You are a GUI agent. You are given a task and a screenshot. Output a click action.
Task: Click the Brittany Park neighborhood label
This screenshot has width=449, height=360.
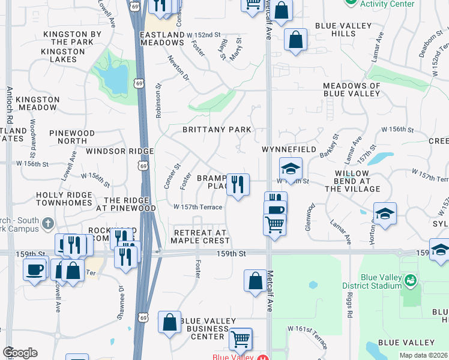(x=217, y=130)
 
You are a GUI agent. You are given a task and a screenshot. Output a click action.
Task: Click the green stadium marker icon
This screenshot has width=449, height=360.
(x=411, y=280)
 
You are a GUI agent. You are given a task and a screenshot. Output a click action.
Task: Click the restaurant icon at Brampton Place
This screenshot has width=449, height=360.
(x=238, y=184)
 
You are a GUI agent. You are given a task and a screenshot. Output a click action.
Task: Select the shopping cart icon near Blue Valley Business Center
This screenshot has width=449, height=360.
(x=241, y=339)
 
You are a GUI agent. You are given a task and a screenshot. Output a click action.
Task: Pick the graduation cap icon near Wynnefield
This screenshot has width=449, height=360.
(x=291, y=169)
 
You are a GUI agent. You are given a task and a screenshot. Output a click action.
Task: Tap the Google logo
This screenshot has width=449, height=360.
(x=20, y=352)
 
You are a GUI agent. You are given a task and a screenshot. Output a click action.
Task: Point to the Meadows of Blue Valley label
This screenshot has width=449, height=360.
(x=352, y=89)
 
